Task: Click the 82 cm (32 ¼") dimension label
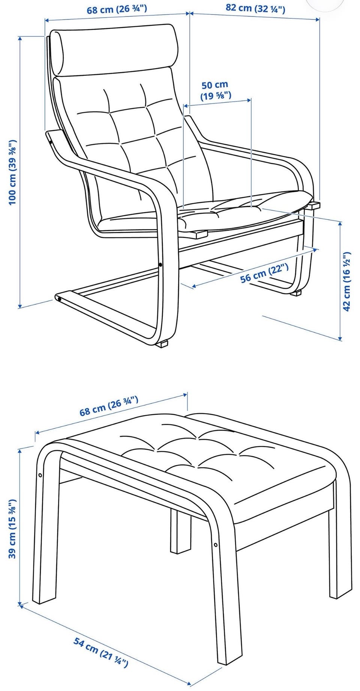pyautogui.click(x=255, y=8)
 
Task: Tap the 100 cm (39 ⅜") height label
pyautogui.click(x=13, y=172)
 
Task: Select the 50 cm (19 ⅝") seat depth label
pyautogui.click(x=215, y=90)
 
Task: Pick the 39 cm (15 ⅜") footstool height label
pyautogui.click(x=13, y=529)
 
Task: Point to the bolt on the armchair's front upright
pyautogui.click(x=161, y=265)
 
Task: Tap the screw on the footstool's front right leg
pyautogui.click(x=216, y=544)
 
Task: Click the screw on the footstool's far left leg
pyautogui.click(x=40, y=475)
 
